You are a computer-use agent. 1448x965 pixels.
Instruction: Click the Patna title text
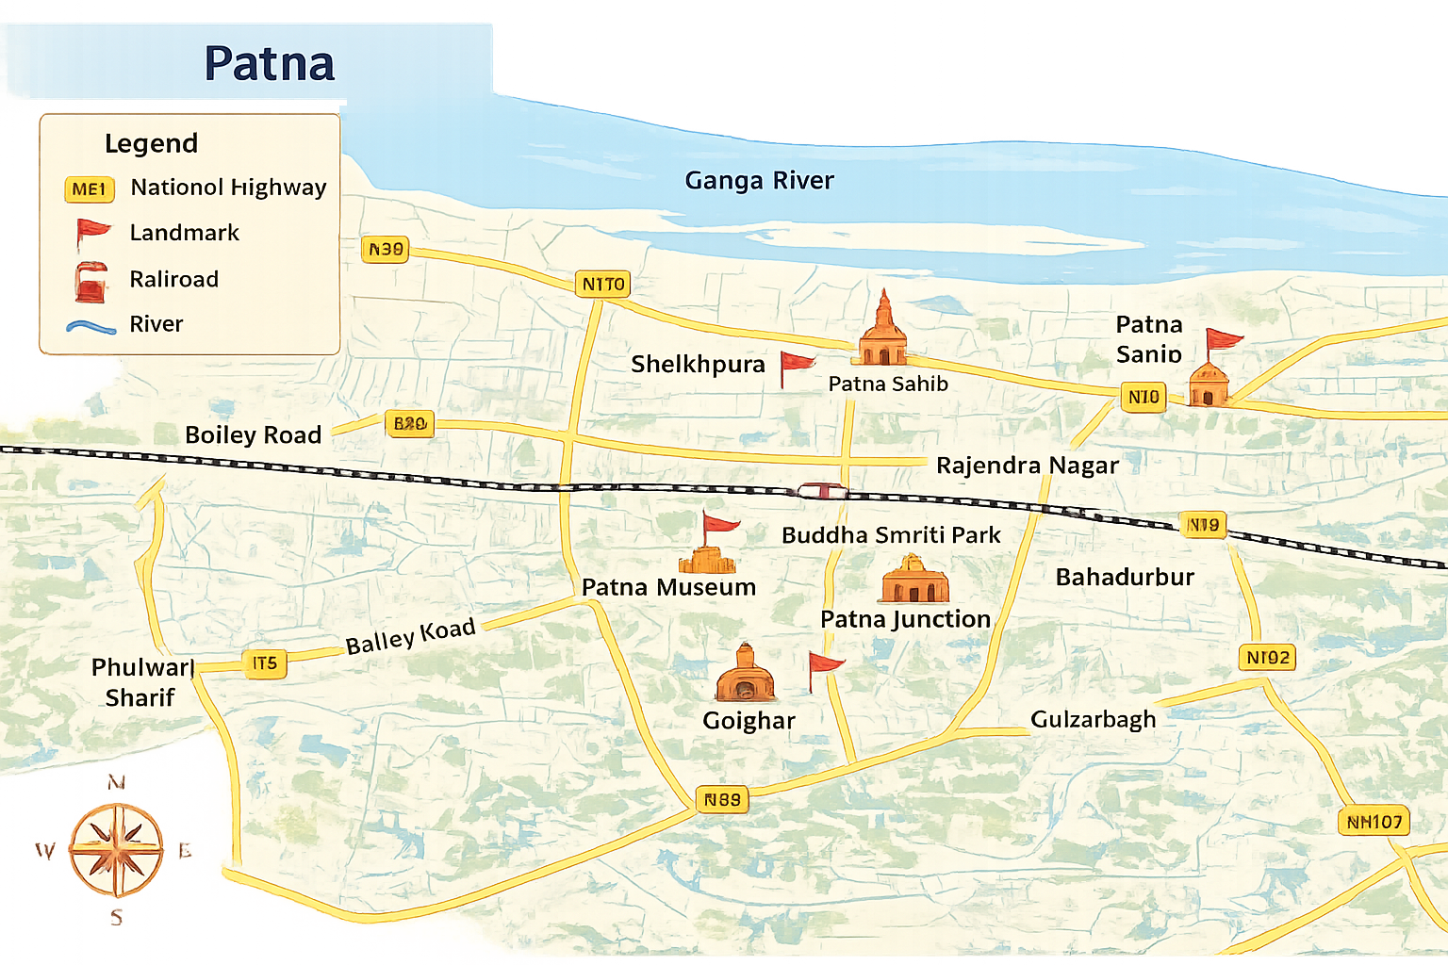point(270,64)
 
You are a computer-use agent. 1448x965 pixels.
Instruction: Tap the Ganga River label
point(759,180)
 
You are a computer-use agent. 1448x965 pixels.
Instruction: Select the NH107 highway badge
point(1374,822)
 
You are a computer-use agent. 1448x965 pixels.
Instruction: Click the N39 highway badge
point(386,250)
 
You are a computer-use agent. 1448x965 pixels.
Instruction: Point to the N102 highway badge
point(1267,658)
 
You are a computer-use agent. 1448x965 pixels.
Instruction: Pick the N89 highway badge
point(722,800)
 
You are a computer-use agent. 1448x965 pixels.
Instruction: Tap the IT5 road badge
point(264,663)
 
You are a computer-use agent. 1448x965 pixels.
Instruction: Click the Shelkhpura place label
point(698,365)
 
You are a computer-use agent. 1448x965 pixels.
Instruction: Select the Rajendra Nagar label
point(1027,466)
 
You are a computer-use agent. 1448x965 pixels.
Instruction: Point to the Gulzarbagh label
point(1093,720)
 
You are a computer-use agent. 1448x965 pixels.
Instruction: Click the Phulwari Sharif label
point(141,682)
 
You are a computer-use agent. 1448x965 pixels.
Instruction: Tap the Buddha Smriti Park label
point(891,535)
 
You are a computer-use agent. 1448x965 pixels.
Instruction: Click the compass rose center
point(117,849)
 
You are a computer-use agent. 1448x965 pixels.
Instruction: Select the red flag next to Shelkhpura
point(796,367)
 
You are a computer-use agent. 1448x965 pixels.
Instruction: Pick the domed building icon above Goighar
point(745,675)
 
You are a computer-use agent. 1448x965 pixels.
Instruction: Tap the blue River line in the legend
point(91,326)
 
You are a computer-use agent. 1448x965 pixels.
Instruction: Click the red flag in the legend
point(91,232)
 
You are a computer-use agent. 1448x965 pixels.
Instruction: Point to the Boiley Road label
point(253,435)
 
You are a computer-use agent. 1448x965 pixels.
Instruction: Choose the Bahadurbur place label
point(1125,578)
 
